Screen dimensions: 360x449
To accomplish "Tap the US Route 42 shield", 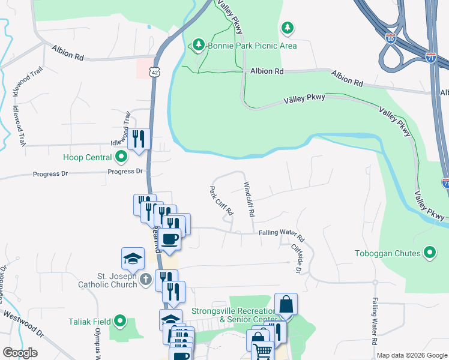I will pyautogui.click(x=155, y=72).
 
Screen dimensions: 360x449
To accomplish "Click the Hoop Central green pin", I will pyautogui.click(x=121, y=158).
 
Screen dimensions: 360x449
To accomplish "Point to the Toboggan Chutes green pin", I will pyautogui.click(x=430, y=253).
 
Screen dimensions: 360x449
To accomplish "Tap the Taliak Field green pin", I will pyautogui.click(x=120, y=322).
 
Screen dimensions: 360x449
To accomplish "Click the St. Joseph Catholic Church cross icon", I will pyautogui.click(x=145, y=280).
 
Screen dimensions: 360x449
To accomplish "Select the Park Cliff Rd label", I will pyautogui.click(x=221, y=201).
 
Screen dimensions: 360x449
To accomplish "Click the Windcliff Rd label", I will pyautogui.click(x=249, y=200).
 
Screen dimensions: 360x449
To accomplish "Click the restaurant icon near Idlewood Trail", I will pyautogui.click(x=139, y=139).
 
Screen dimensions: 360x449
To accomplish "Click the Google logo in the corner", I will pyautogui.click(x=20, y=353).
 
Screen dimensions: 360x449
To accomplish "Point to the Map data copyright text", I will pyautogui.click(x=412, y=355).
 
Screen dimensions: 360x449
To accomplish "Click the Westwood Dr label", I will pyautogui.click(x=24, y=323).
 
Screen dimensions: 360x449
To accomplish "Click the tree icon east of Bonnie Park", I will pyautogui.click(x=288, y=28).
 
